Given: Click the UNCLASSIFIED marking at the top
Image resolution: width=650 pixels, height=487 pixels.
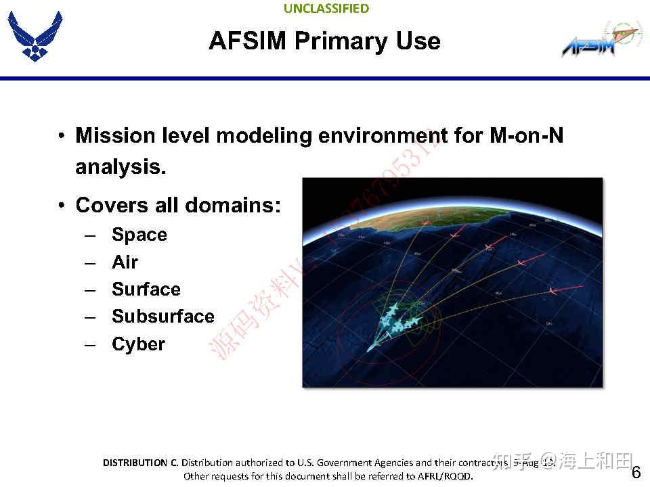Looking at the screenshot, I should pos(326,9).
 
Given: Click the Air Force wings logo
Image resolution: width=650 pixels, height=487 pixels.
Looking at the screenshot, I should pos(35,37).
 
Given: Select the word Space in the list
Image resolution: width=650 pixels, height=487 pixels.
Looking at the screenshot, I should pos(139,235).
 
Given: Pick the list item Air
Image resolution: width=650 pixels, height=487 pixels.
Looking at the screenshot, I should pos(125,262).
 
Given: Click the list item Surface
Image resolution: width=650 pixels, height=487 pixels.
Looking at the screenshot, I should pos(146,289).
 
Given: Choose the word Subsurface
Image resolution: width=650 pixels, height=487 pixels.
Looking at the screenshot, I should pos(162,317).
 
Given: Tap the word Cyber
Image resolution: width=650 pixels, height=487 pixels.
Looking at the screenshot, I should pos(138,344).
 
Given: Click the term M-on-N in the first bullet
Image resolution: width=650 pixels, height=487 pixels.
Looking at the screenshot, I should pos(525,136).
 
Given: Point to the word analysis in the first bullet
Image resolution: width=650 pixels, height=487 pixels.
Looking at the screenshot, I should pos(121,167).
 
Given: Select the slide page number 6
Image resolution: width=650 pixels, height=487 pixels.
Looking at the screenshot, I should pos(636,472).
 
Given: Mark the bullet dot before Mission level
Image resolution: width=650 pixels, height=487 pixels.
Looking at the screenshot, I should pos(62,136).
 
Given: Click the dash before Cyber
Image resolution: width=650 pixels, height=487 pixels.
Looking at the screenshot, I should pos(91,345).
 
